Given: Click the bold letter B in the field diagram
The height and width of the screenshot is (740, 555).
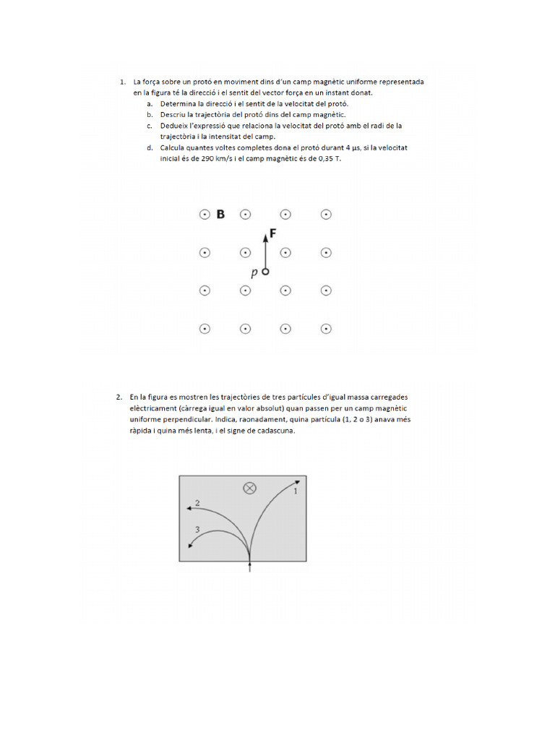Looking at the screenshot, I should (220, 214).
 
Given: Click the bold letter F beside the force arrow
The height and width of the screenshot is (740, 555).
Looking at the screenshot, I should (272, 233).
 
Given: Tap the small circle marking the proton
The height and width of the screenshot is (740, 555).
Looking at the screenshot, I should (265, 272).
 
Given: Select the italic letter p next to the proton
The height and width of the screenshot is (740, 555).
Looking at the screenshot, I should (254, 273).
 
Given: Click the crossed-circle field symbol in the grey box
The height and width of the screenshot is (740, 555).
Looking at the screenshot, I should (250, 488).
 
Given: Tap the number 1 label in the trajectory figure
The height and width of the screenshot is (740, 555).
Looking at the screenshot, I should (295, 491).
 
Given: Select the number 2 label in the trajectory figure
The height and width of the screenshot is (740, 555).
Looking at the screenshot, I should (197, 502).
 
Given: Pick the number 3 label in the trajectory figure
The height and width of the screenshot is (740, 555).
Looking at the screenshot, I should (197, 530).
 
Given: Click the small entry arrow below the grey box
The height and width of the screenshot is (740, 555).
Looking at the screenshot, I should (250, 569).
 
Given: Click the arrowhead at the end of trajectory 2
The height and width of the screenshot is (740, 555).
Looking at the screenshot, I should (189, 509).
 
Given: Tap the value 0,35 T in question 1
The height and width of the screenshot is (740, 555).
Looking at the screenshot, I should (324, 158).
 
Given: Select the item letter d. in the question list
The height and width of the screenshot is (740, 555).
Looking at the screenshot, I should (149, 147).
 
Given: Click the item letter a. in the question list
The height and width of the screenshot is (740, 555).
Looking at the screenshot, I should (149, 104).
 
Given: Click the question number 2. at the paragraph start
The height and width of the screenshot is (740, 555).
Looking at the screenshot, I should (119, 397).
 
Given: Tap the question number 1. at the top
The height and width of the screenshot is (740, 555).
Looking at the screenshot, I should (124, 82).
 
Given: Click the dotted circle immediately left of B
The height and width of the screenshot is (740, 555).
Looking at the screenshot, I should (205, 215).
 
